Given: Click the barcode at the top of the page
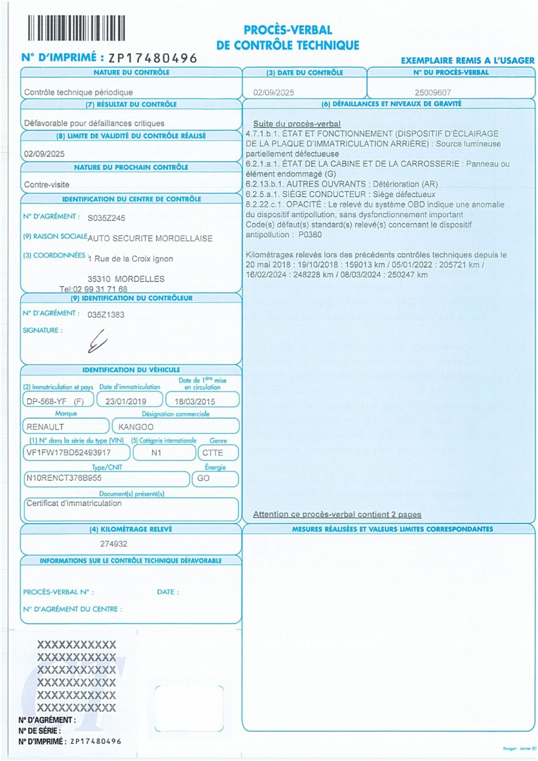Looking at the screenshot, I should (76, 28).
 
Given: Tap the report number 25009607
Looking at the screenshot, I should (432, 92).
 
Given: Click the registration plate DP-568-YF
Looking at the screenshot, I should (46, 401).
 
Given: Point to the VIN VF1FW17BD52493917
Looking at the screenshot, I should (69, 452).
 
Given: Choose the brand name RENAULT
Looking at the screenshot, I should (45, 427).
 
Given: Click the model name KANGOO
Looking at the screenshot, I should (136, 427).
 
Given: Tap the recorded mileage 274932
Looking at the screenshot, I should (114, 544).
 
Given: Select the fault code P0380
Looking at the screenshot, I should (310, 235).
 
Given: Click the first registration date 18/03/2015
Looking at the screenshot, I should (195, 401).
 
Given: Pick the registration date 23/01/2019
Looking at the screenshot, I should (126, 401).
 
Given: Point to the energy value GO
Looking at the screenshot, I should (203, 478).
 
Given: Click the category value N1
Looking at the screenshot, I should (156, 452).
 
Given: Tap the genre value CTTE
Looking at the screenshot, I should (212, 453).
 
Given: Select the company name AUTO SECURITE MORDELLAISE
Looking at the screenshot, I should (150, 238).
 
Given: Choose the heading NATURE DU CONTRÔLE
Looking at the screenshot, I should (131, 72).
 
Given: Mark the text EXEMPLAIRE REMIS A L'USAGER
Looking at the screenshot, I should (467, 61).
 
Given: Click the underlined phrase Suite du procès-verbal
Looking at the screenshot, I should (297, 124).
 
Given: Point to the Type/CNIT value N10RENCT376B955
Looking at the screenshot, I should (64, 478).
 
